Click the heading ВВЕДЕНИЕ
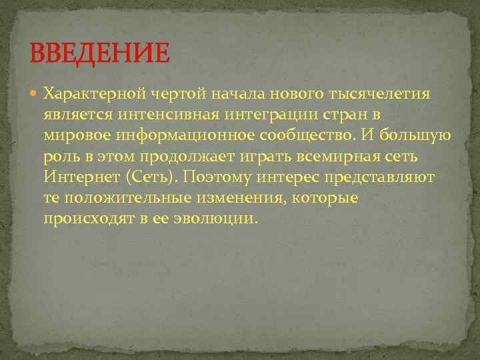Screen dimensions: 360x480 tap(101, 53)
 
